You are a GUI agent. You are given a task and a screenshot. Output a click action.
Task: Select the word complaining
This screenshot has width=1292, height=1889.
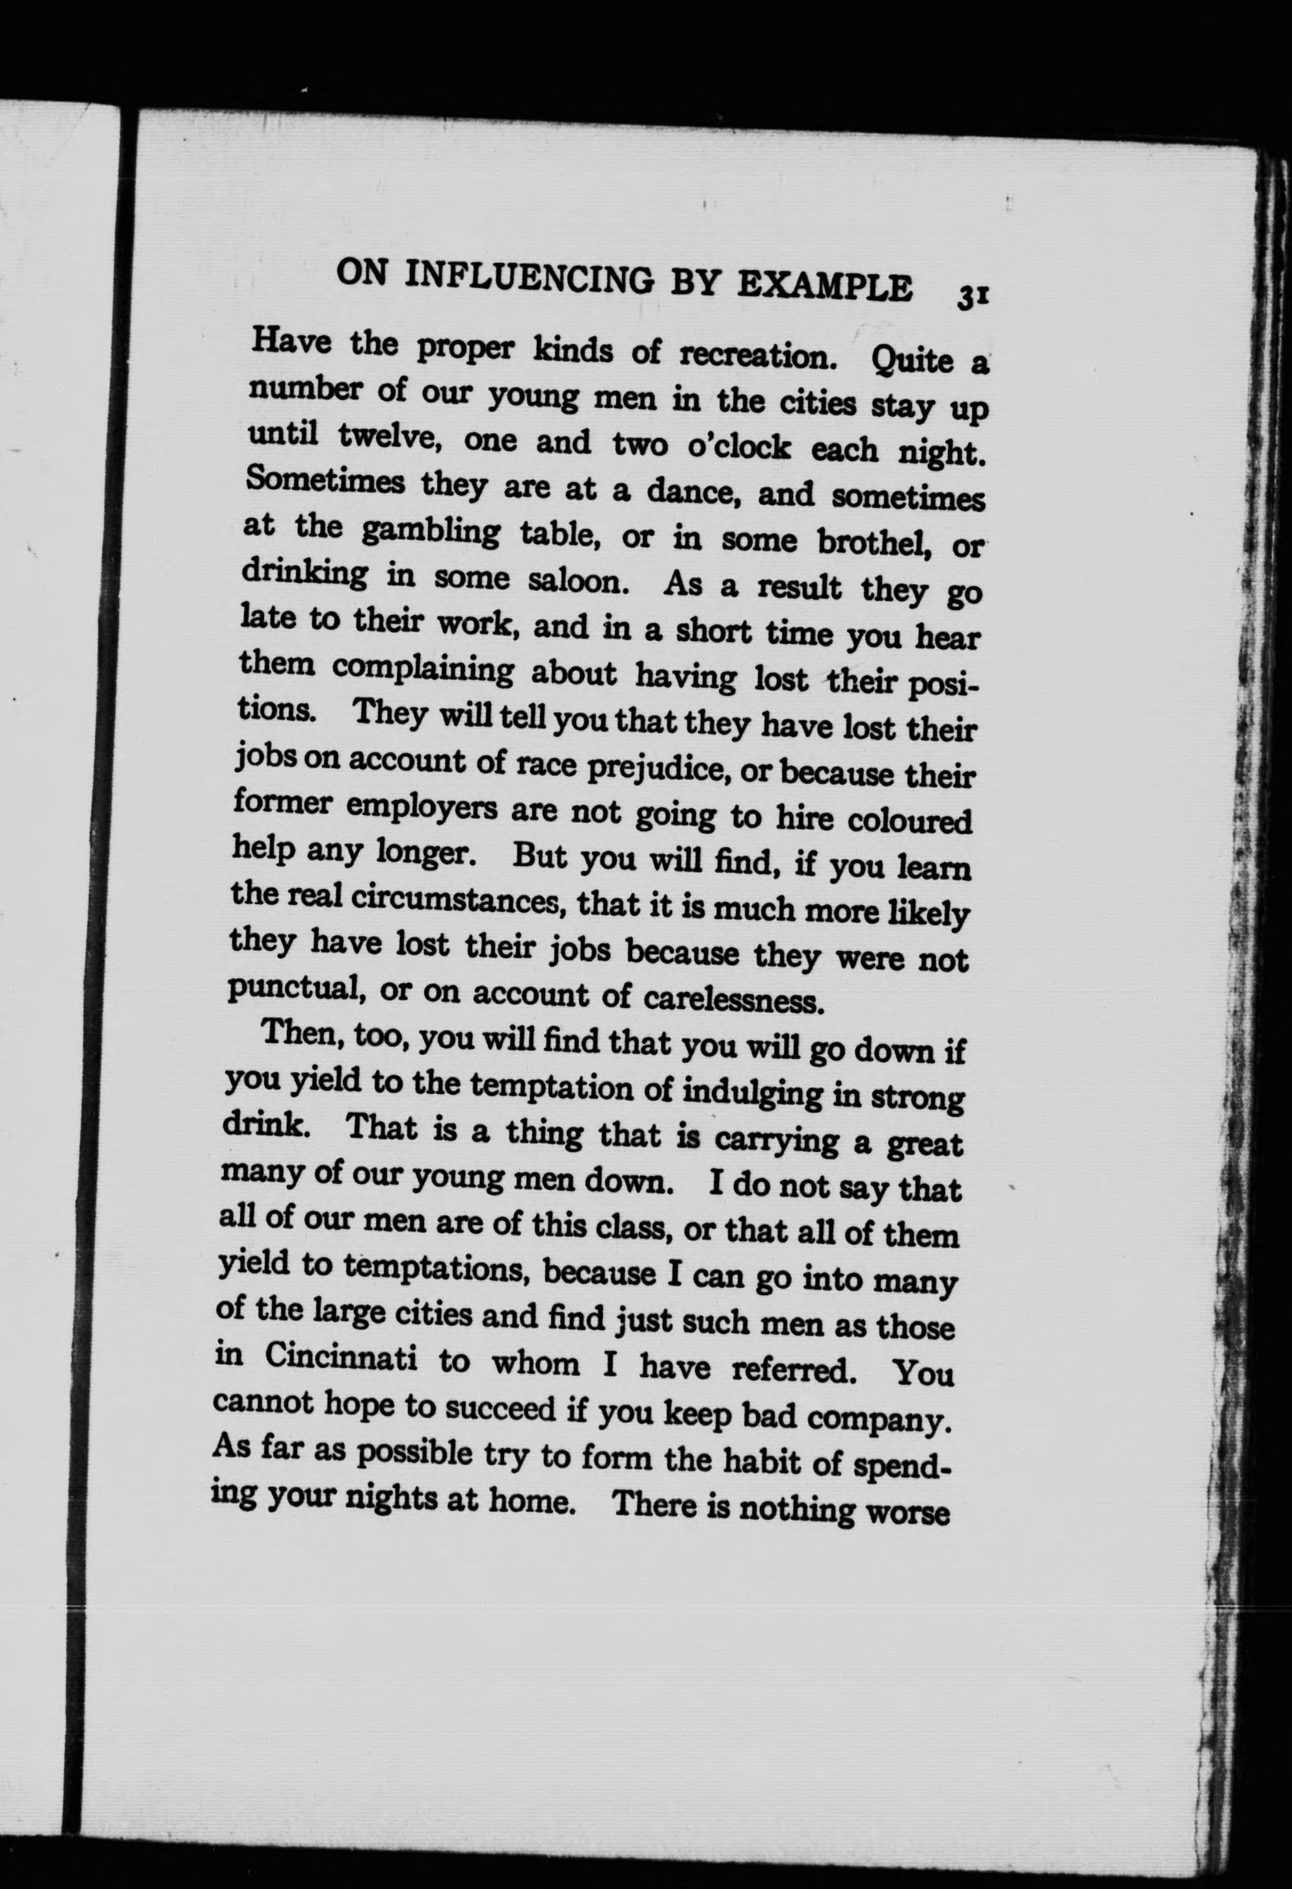point(423,670)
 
